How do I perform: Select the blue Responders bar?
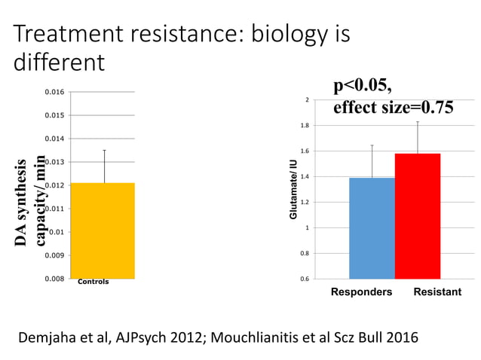(372, 228)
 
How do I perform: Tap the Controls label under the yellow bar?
(93, 282)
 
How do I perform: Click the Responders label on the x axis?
(362, 291)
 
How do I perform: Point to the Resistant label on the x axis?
(437, 291)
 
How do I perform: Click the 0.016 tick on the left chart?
(54, 92)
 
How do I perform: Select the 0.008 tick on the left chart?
(54, 279)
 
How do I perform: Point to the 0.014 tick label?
(54, 139)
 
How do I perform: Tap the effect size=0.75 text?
(393, 107)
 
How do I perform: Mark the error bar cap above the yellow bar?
(104, 150)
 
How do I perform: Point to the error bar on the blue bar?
(372, 160)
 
